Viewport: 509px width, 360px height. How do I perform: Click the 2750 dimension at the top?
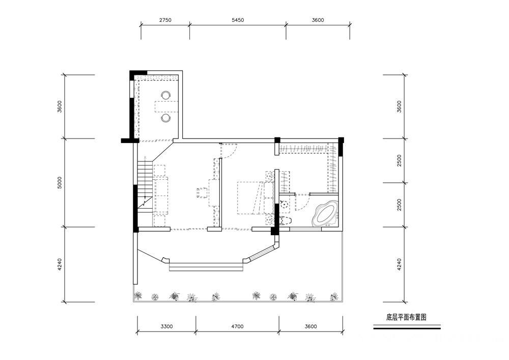[165, 20]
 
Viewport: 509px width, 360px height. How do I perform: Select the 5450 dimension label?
[238, 20]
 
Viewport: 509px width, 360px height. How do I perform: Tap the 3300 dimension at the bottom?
[166, 326]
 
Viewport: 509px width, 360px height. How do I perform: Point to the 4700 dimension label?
[237, 326]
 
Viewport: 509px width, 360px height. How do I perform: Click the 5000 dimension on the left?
[60, 183]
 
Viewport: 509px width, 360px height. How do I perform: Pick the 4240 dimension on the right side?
[399, 265]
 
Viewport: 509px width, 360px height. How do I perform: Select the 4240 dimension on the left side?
[60, 265]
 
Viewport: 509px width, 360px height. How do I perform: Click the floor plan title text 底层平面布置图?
[406, 317]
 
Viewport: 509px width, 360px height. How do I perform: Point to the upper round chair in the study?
[166, 95]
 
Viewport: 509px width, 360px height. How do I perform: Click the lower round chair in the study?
[166, 118]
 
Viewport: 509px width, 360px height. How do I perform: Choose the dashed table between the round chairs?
[166, 106]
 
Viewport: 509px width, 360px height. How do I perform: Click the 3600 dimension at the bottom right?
[310, 326]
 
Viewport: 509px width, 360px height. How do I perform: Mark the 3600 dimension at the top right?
[318, 20]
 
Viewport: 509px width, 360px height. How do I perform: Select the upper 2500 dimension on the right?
[399, 161]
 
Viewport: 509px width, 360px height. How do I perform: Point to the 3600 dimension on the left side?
[60, 107]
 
